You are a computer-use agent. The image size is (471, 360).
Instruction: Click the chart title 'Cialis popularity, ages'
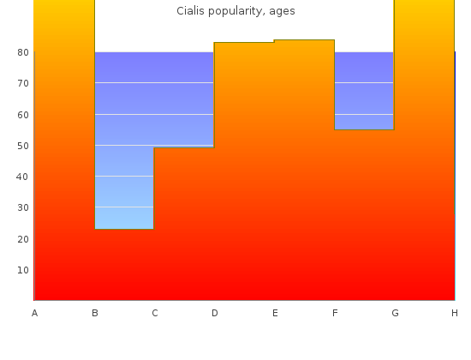point(235,11)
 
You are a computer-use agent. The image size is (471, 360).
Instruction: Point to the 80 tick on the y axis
point(23,52)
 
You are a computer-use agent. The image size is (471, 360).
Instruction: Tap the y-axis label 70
point(23,83)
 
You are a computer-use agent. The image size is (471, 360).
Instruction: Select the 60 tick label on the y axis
point(23,115)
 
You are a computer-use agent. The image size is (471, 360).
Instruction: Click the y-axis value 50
point(23,146)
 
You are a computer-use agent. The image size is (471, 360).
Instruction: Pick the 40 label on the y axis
point(22,177)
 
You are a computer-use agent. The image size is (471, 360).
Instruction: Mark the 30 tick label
point(23,207)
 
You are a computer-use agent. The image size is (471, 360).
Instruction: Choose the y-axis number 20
point(23,239)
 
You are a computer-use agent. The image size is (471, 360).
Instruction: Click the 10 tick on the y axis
point(23,270)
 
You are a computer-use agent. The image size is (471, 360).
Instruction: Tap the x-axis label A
point(34,313)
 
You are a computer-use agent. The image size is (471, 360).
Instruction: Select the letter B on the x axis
point(95,313)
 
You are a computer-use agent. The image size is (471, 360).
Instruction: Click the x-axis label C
point(155,313)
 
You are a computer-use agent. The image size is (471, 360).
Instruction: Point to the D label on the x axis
point(214,313)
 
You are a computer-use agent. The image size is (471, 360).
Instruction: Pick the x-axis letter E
point(275,313)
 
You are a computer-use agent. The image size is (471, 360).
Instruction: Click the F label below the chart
point(335,313)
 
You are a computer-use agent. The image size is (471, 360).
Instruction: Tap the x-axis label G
point(395,313)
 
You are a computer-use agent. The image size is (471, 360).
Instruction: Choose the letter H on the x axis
point(455,313)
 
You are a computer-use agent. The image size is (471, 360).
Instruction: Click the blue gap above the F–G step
point(364,91)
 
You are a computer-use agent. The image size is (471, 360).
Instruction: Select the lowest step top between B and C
point(124,229)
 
